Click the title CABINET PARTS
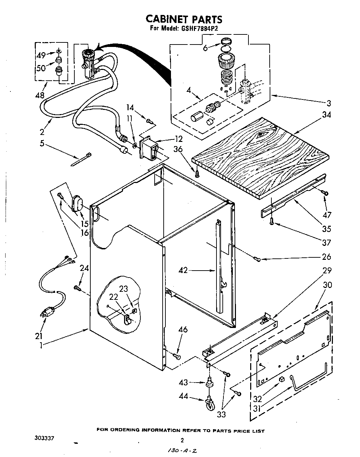[183, 19]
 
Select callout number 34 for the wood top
[326, 114]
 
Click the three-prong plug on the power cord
[48, 312]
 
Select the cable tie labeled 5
[83, 159]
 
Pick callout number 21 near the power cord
[39, 336]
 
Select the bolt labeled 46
[177, 355]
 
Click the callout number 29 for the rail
[327, 270]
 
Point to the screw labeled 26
[257, 258]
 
